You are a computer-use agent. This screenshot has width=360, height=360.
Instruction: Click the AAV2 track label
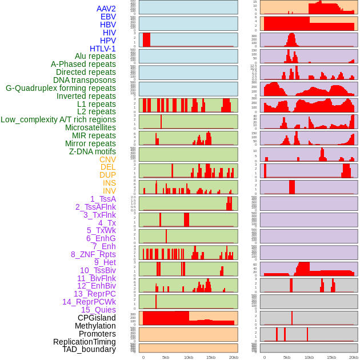pyautogui.click(x=106, y=9)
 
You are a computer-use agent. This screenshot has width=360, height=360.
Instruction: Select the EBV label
pyautogui.click(x=108, y=17)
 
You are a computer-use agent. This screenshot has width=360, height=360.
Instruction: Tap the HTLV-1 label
pyautogui.click(x=102, y=49)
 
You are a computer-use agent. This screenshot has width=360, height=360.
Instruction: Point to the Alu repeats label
pyautogui.click(x=95, y=56)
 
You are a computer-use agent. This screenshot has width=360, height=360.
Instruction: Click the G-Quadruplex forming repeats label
pyautogui.click(x=61, y=88)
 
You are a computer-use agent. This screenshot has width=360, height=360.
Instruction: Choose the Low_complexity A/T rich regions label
pyautogui.click(x=58, y=119)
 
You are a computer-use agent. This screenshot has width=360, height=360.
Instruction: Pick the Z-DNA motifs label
pyautogui.click(x=92, y=151)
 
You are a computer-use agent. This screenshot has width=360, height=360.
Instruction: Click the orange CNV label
pyautogui.click(x=107, y=159)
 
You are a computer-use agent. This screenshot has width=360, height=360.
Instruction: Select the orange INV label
pyautogui.click(x=109, y=191)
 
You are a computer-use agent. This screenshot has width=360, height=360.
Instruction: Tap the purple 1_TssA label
pyautogui.click(x=103, y=199)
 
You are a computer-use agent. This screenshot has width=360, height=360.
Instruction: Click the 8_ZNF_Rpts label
pyautogui.click(x=93, y=254)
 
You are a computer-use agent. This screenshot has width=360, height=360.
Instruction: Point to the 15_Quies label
pyautogui.click(x=98, y=310)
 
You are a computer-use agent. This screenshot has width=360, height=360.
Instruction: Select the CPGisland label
pyautogui.click(x=97, y=318)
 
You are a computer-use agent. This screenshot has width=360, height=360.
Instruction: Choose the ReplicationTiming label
pyautogui.click(x=85, y=342)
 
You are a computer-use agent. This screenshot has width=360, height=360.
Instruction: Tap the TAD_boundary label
pyautogui.click(x=89, y=349)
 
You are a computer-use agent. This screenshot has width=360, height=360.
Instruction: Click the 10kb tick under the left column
pyautogui.click(x=189, y=357)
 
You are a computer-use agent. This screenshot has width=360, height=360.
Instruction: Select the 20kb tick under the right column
pyautogui.click(x=354, y=357)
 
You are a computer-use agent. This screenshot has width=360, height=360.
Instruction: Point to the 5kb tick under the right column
pyautogui.click(x=287, y=357)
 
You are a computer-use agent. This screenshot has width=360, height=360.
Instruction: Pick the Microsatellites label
pyautogui.click(x=90, y=127)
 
